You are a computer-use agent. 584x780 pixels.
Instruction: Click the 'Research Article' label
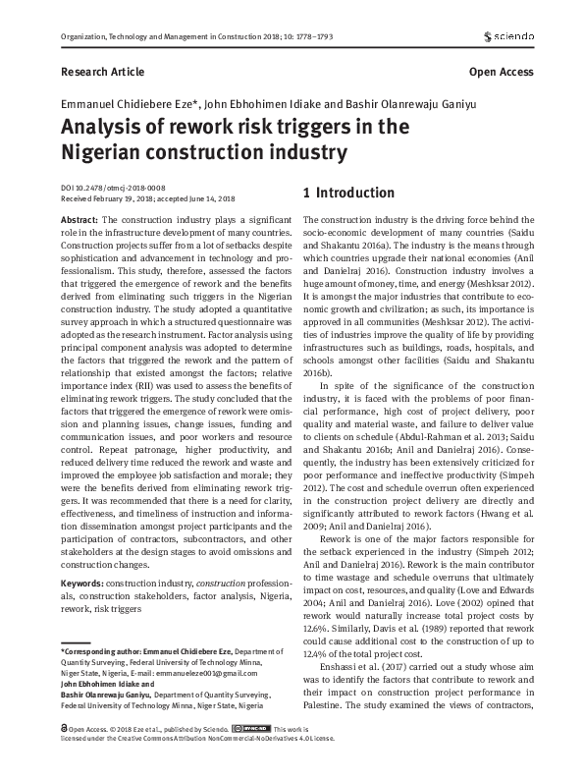coord(102,72)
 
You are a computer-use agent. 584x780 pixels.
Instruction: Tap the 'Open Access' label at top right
coord(501,72)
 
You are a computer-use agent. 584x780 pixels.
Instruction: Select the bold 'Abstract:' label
coord(80,220)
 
